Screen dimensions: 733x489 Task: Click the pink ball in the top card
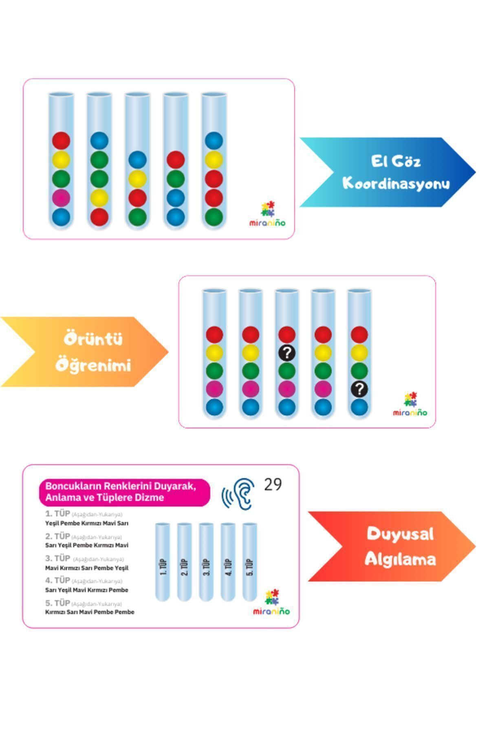(x=61, y=198)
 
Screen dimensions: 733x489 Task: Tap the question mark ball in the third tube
(x=286, y=353)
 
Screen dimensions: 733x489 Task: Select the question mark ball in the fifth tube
(x=359, y=389)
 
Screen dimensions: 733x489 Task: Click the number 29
(x=273, y=484)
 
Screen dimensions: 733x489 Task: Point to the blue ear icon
(x=239, y=494)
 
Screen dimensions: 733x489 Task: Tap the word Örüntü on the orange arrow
(x=93, y=339)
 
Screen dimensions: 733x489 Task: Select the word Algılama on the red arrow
(x=400, y=559)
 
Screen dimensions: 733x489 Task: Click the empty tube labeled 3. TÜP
(x=206, y=562)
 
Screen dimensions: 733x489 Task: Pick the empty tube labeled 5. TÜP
(x=250, y=562)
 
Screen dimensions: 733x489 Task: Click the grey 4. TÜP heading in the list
(x=57, y=580)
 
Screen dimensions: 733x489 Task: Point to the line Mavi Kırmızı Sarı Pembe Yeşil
(x=86, y=568)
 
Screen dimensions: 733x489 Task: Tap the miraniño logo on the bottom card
(x=271, y=603)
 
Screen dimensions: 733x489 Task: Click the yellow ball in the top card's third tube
(x=137, y=179)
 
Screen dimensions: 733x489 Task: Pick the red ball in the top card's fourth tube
(x=176, y=160)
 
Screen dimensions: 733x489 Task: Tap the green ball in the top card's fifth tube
(x=214, y=217)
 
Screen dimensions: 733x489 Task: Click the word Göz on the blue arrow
(x=407, y=161)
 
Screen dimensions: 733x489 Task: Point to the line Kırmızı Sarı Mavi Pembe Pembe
(x=90, y=612)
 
